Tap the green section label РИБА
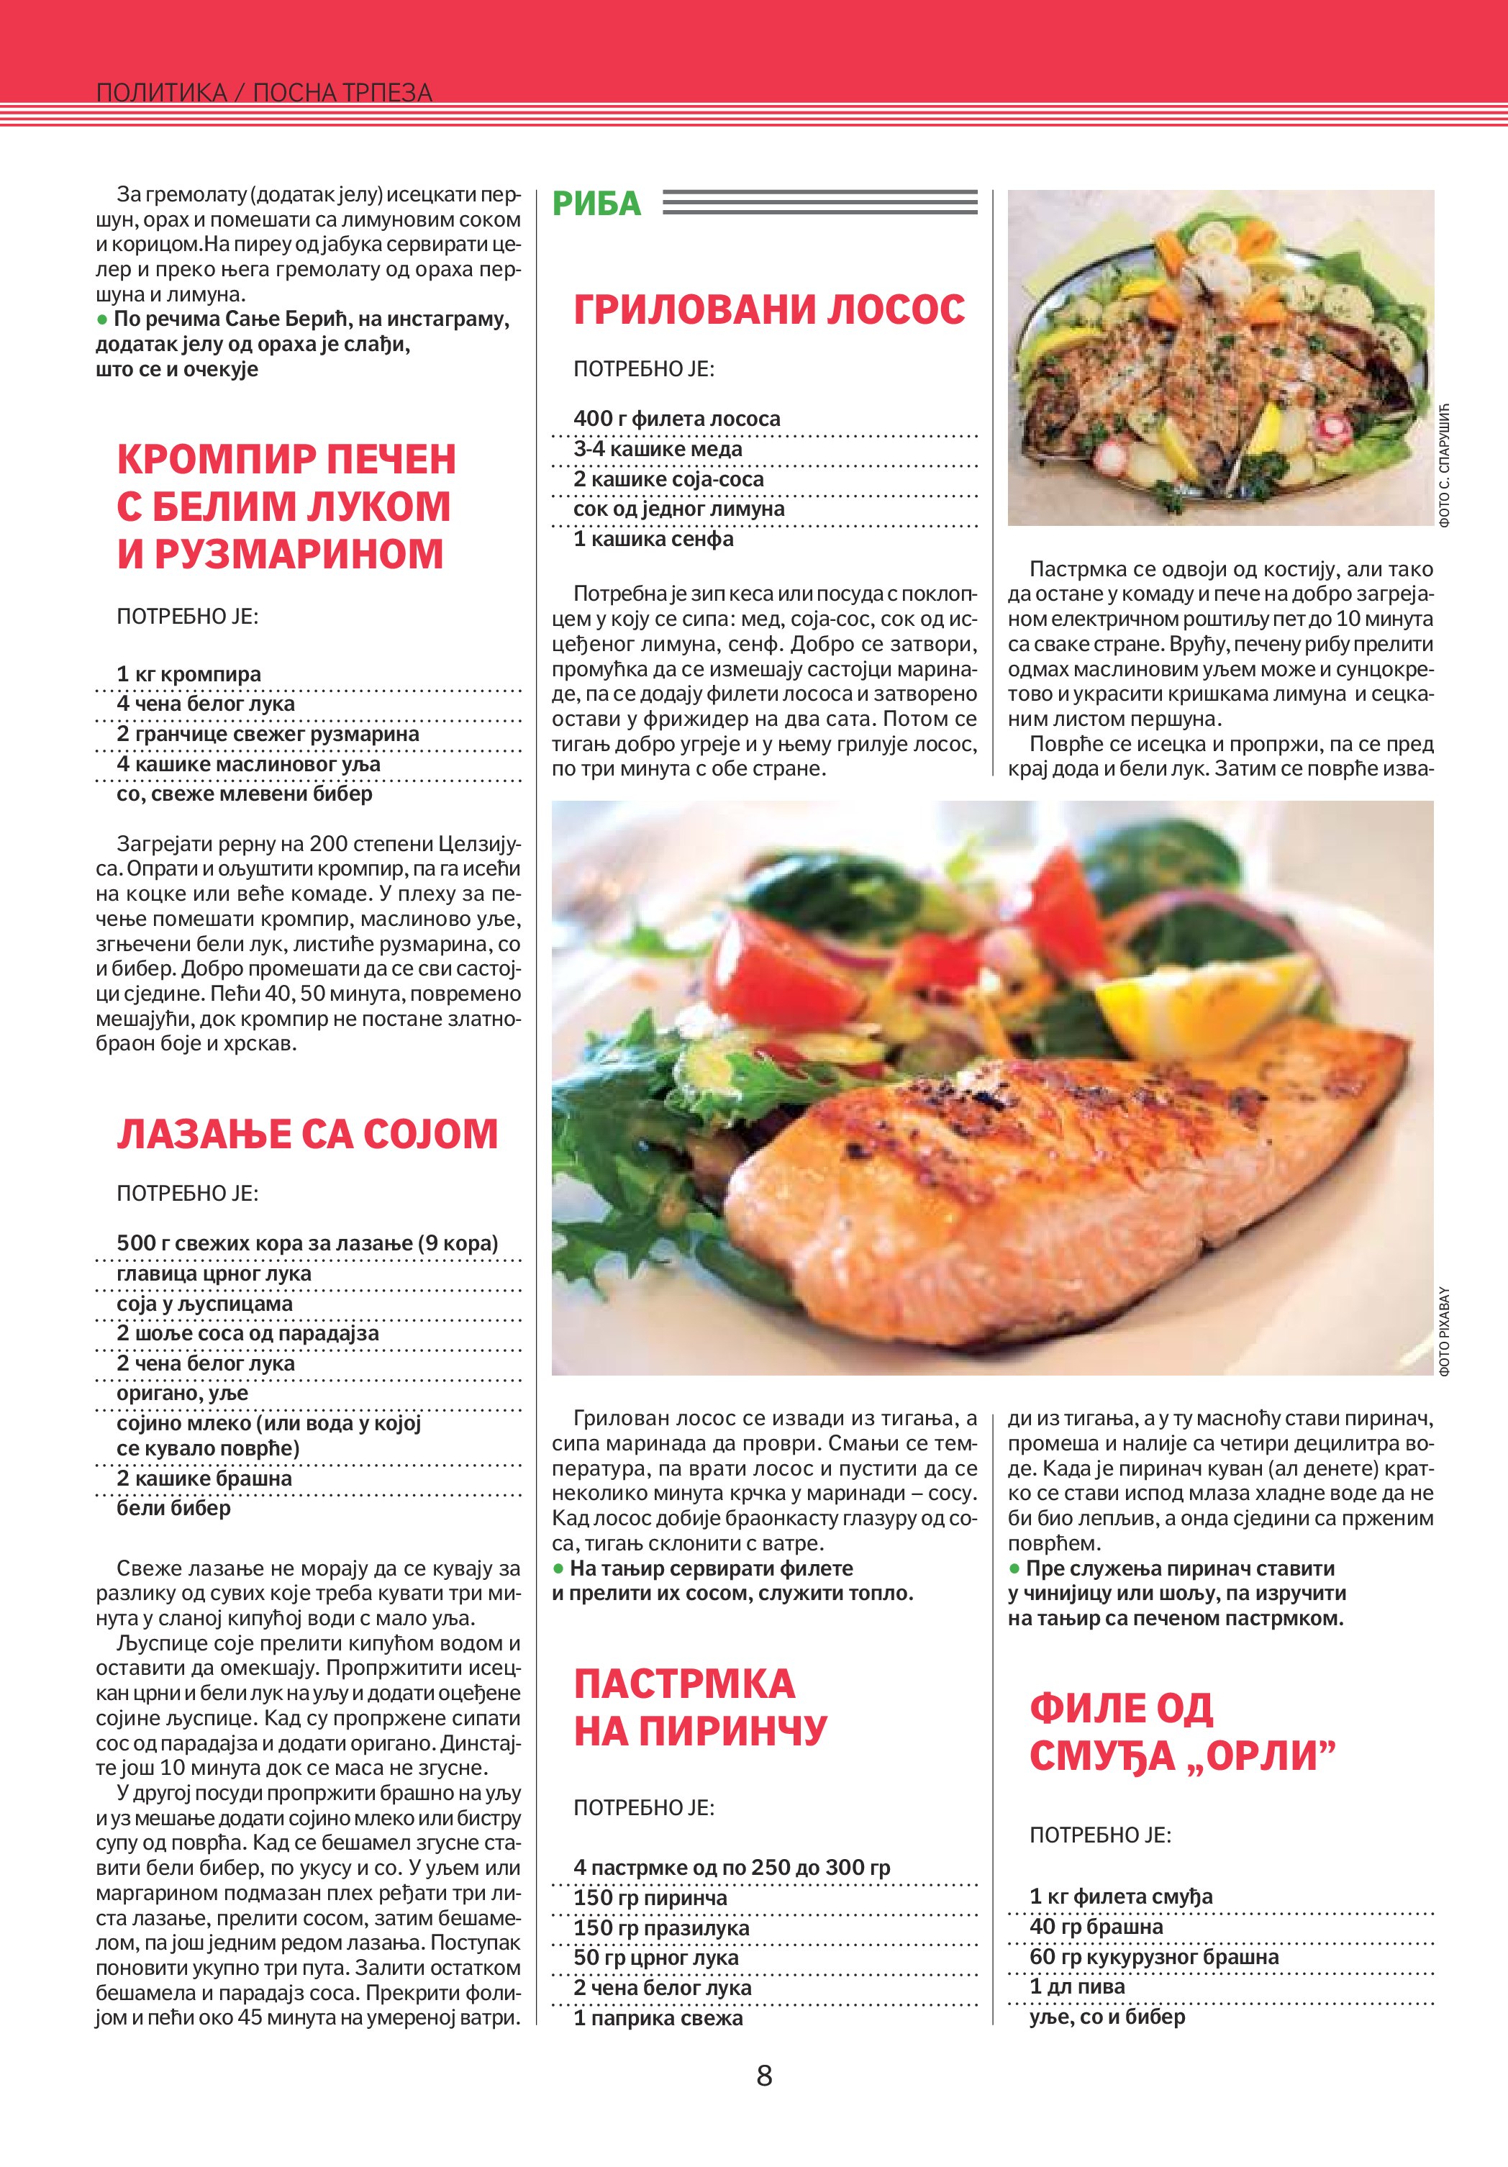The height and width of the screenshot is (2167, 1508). click(596, 204)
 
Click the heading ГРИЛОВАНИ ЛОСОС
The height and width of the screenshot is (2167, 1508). click(769, 309)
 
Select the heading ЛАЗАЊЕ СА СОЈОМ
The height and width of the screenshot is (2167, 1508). click(306, 1134)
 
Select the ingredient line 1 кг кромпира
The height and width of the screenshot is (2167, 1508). click(188, 674)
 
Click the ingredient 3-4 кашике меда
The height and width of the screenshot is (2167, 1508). click(658, 449)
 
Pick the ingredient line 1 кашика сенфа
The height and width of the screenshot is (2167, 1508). click(653, 540)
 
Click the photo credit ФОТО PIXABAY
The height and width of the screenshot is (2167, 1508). click(1445, 1331)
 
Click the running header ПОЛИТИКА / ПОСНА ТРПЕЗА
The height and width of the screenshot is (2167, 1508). click(264, 93)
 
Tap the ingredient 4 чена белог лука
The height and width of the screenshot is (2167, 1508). click(206, 704)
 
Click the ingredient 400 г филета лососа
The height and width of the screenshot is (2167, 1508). click(676, 419)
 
